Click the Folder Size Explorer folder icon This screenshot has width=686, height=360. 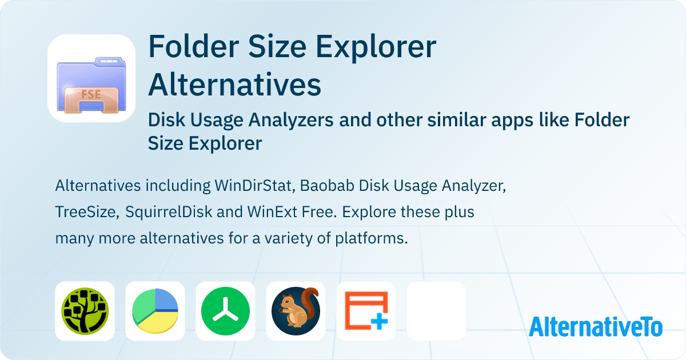tap(91, 85)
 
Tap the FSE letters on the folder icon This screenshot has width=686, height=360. tap(91, 94)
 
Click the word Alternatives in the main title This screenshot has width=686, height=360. tap(234, 85)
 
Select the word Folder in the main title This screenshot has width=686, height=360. tap(194, 46)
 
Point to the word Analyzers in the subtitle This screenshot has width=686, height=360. tap(290, 119)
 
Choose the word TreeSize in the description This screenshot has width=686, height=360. tap(87, 212)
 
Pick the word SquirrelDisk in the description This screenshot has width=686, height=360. tap(169, 212)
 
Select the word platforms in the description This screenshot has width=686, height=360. tap(372, 238)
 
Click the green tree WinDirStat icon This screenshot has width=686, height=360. tap(85, 311)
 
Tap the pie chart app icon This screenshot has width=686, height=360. tap(155, 311)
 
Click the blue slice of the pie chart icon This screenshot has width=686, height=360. tap(166, 299)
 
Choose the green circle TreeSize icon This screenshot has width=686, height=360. tap(225, 311)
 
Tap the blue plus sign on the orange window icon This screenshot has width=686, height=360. tap(379, 321)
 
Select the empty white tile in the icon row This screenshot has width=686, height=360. tap(436, 311)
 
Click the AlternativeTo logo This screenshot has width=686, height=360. tap(596, 326)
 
